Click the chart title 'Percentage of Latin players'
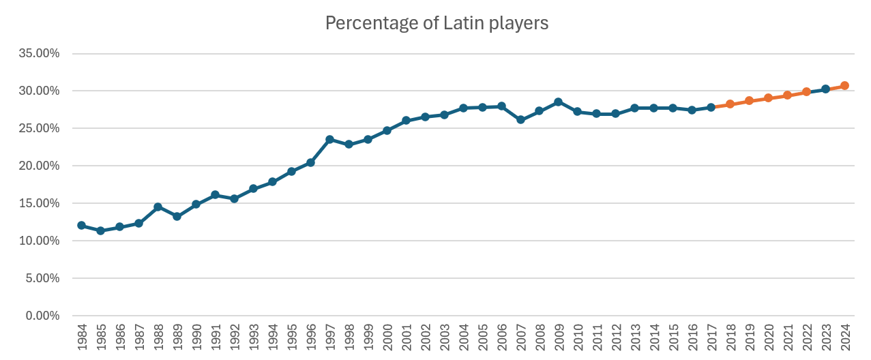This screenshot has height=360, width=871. click(x=437, y=23)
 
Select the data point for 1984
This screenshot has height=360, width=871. click(x=82, y=225)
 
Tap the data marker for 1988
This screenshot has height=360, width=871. click(x=158, y=207)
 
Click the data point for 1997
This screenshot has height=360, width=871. click(x=329, y=139)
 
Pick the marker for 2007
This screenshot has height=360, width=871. click(x=520, y=119)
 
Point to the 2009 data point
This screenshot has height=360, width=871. click(x=558, y=102)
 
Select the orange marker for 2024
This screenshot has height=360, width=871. click(x=844, y=86)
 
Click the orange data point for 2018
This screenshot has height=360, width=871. click(x=730, y=104)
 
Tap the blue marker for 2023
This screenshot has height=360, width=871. click(x=825, y=89)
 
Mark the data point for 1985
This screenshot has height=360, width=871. click(x=101, y=230)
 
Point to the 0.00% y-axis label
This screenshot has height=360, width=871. click(x=44, y=316)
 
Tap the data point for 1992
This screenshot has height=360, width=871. click(x=234, y=198)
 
